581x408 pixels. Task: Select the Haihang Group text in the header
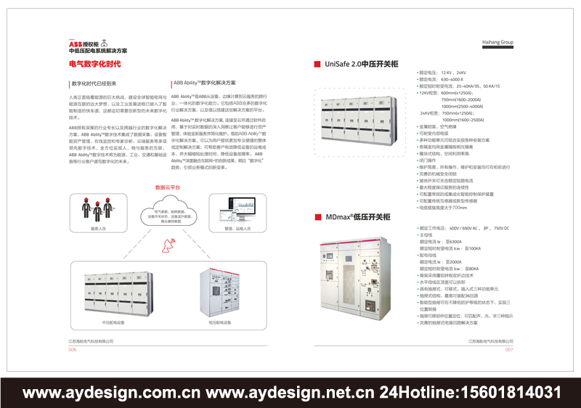tap(497, 43)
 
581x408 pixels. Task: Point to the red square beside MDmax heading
tap(317, 216)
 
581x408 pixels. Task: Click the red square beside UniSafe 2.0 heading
tap(317, 65)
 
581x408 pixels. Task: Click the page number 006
tap(73, 349)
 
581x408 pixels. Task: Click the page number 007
tap(509, 349)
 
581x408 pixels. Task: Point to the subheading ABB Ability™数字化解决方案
tap(205, 83)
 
